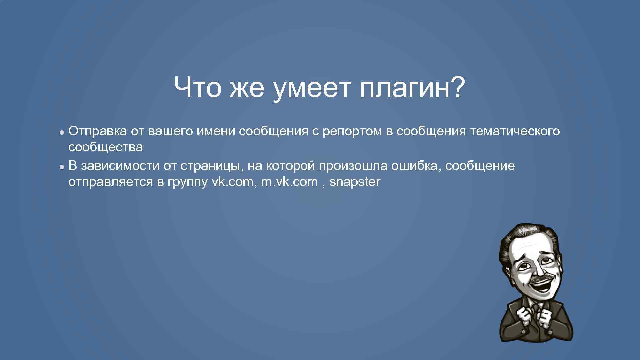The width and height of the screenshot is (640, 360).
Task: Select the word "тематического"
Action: click(x=515, y=131)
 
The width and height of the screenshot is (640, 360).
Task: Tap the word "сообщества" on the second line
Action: click(x=105, y=147)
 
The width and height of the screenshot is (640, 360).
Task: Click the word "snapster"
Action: click(x=355, y=182)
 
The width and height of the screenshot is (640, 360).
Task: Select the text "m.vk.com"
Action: click(x=289, y=182)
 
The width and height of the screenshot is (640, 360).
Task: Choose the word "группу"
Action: click(x=188, y=183)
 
